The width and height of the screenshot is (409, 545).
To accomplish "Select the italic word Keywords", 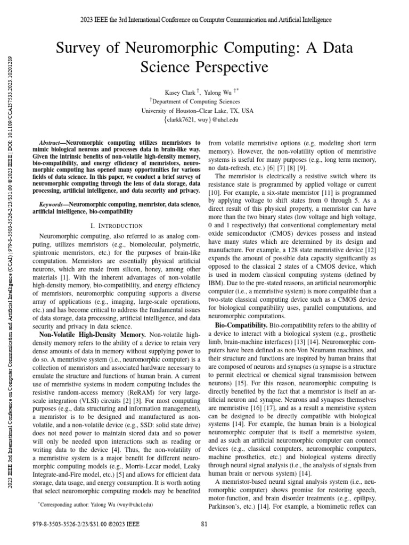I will point(53,189).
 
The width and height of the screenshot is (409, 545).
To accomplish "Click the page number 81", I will point(204,524).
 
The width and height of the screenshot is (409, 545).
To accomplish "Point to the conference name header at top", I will point(205,20).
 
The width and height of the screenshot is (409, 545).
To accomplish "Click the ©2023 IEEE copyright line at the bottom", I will point(86,524).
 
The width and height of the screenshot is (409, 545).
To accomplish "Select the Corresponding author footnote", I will point(95,503).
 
